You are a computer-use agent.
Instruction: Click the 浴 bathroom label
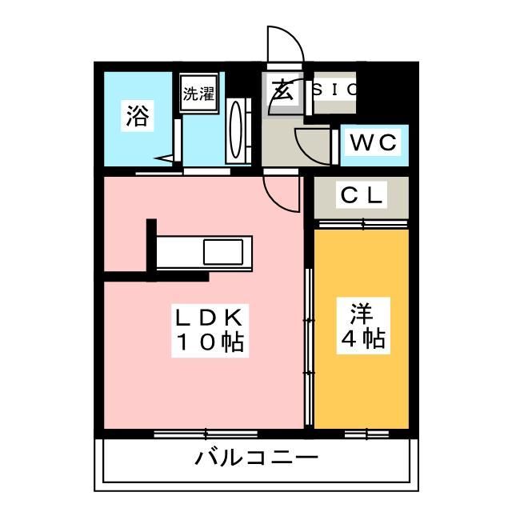pos(136,118)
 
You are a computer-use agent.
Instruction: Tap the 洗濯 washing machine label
pos(198,93)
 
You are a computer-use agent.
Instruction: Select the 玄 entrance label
pos(282,90)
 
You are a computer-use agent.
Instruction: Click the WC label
pos(374,144)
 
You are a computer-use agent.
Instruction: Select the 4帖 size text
pos(362,338)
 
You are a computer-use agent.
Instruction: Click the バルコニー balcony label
pos(257,458)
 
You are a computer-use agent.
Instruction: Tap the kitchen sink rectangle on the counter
pos(226,251)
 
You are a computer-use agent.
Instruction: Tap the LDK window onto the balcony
pos(205,434)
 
